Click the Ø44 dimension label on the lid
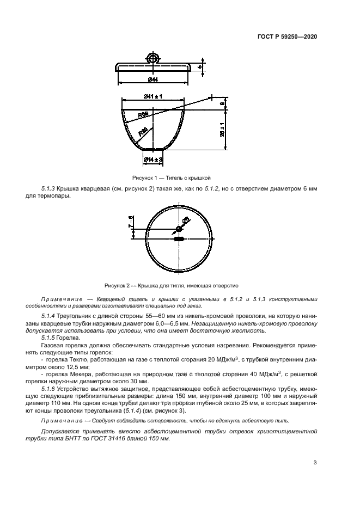coord(152,80)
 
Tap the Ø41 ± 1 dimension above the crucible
coord(154,96)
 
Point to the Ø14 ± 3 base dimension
coord(154,159)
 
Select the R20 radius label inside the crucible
coord(142,132)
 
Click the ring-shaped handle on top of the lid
coord(153,58)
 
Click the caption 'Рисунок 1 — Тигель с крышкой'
coord(171,177)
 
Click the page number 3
coord(315,463)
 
